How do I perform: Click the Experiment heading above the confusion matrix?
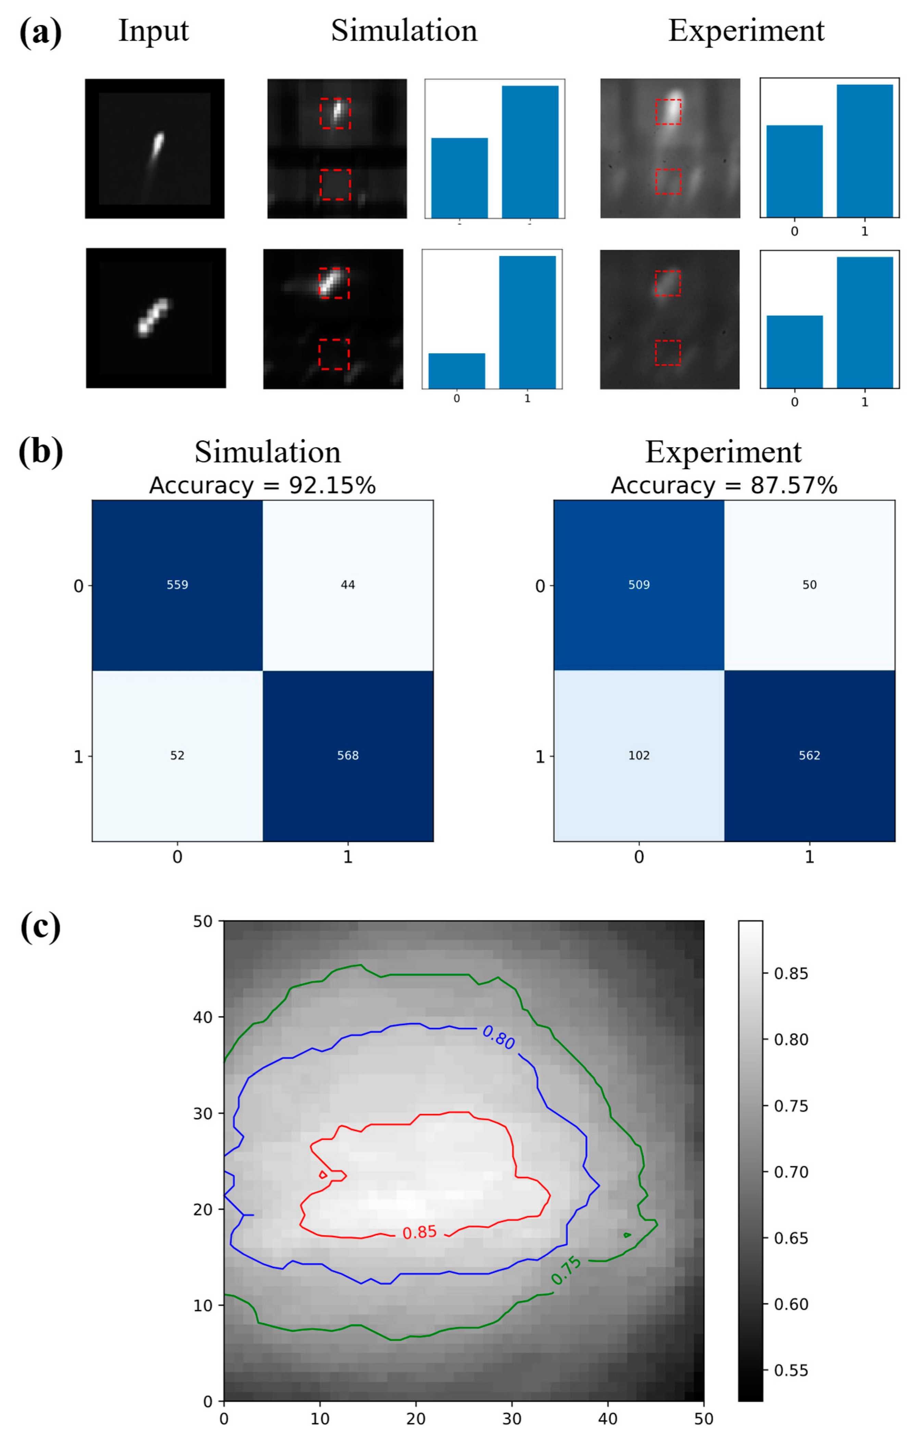[723, 452]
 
